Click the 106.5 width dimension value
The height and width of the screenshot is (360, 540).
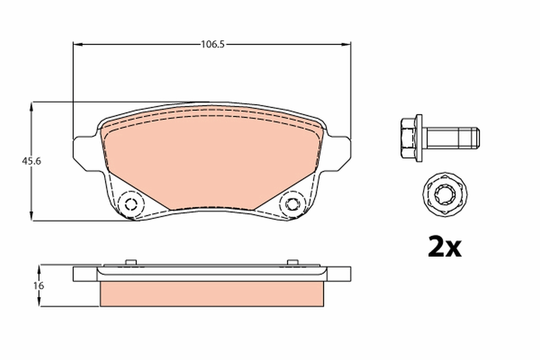pyautogui.click(x=212, y=44)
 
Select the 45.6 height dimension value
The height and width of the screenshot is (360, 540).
pyautogui.click(x=32, y=161)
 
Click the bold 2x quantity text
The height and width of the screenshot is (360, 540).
pyautogui.click(x=444, y=247)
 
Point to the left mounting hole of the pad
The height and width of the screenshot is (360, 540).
pyautogui.click(x=131, y=204)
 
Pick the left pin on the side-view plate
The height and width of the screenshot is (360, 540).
pyautogui.click(x=131, y=262)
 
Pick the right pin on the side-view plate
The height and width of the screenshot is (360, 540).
pyautogui.click(x=292, y=262)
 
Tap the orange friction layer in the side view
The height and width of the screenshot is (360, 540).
pyautogui.click(x=211, y=294)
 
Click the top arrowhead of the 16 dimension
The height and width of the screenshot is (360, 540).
pyautogui.click(x=40, y=269)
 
